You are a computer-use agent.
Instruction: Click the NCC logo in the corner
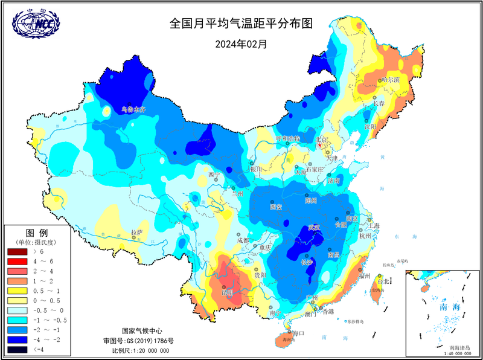pos(33,24)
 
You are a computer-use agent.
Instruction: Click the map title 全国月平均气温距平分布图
pos(241,24)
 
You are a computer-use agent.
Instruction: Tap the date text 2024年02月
pos(241,43)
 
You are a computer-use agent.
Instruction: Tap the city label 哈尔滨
pos(391,80)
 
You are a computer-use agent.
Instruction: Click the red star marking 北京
pos(319,146)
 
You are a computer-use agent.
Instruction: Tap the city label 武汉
pos(314,228)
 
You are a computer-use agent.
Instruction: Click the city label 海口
pos(299,333)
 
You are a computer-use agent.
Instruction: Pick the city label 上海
pos(373,225)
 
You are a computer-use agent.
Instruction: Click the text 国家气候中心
pos(142,331)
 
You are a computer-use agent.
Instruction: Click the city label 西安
pos(277,207)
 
